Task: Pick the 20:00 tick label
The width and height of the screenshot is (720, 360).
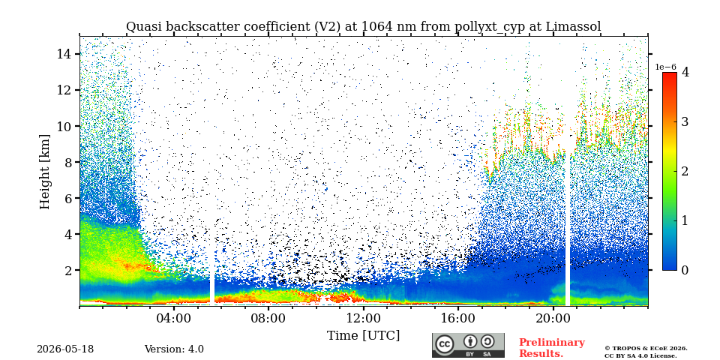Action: pyautogui.click(x=553, y=318)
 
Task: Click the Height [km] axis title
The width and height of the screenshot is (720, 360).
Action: pyautogui.click(x=44, y=172)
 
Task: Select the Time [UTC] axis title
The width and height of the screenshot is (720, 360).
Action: pyautogui.click(x=363, y=336)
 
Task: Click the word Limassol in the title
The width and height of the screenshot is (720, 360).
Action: pyautogui.click(x=573, y=27)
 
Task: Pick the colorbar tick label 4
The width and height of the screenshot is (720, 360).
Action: pyautogui.click(x=685, y=72)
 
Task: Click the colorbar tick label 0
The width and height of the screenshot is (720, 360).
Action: pyautogui.click(x=685, y=270)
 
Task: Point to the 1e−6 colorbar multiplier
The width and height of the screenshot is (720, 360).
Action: pyautogui.click(x=665, y=67)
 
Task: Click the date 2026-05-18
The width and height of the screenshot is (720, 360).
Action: pyautogui.click(x=65, y=349)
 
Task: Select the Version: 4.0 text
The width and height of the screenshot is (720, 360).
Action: pyautogui.click(x=174, y=349)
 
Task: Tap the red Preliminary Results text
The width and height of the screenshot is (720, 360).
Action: pyautogui.click(x=552, y=347)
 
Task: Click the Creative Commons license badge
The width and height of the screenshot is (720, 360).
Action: pyautogui.click(x=468, y=345)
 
